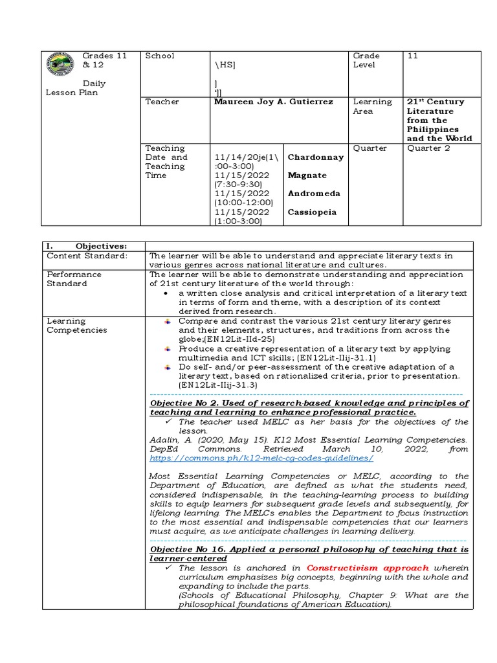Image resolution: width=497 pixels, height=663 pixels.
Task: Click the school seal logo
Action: (62, 66)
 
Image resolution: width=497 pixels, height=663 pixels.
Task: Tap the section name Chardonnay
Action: (316, 157)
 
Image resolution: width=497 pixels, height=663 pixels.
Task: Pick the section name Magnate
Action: (307, 175)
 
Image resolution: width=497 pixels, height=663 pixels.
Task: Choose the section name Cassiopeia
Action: (313, 212)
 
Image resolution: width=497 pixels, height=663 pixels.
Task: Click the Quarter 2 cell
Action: (429, 148)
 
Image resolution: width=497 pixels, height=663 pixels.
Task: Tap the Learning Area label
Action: (372, 106)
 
